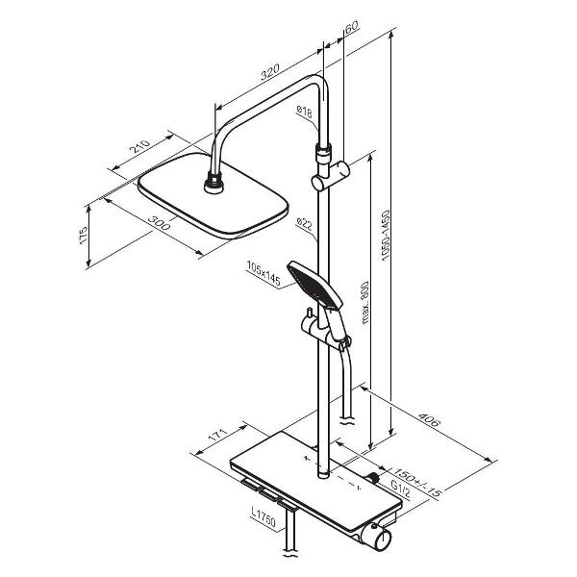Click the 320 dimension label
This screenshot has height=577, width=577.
click(269, 72)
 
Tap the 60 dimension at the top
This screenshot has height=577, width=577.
click(352, 27)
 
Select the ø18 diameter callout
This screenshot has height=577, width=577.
click(304, 112)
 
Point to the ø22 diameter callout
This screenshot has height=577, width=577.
click(304, 224)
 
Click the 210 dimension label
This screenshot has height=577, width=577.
click(141, 146)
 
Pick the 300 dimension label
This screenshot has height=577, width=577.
click(160, 222)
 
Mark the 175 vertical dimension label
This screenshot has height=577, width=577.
click(84, 236)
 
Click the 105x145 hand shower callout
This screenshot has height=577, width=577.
click(263, 273)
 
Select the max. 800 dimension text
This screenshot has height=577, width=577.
click(364, 303)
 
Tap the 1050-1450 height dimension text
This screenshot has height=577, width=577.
click(386, 236)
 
